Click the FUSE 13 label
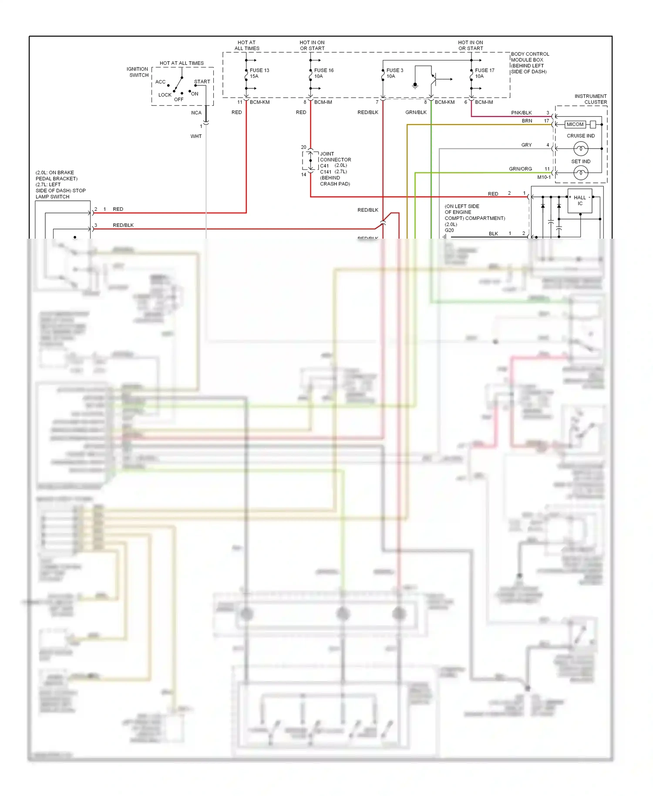pos(259,70)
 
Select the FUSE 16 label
pos(324,70)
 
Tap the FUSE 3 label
pos(395,70)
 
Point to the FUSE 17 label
pos(485,70)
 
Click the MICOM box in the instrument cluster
pos(575,125)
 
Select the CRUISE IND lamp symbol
pos(581,149)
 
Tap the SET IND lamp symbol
pos(581,173)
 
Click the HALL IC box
pos(580,201)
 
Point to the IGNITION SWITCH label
pos(138,72)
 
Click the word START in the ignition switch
pos(202,81)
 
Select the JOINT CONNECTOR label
pos(335,157)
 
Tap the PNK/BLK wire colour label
pos(521,113)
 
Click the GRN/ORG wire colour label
pos(520,169)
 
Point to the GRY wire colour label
pos(526,145)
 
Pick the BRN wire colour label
pos(527,121)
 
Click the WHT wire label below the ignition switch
pos(196,136)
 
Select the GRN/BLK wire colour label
pos(416,112)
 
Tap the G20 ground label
pos(449,230)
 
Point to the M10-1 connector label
pos(544,177)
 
